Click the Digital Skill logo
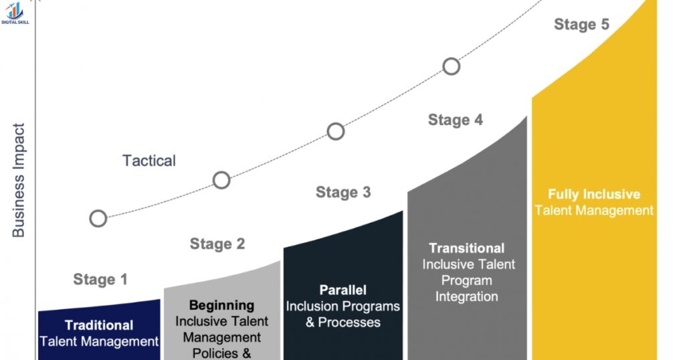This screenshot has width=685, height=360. pyautogui.click(x=13, y=13)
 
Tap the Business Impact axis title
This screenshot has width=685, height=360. pyautogui.click(x=18, y=180)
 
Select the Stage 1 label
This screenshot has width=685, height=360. pyautogui.click(x=100, y=280)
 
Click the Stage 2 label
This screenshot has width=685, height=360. pyautogui.click(x=217, y=244)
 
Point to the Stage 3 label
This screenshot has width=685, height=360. pyautogui.click(x=343, y=193)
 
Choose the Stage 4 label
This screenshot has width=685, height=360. pyautogui.click(x=456, y=120)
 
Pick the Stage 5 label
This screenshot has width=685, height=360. pyautogui.click(x=582, y=25)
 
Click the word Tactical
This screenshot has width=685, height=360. pyautogui.click(x=149, y=161)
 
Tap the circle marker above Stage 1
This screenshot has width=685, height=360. pyautogui.click(x=98, y=218)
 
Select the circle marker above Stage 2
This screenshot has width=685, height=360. pyautogui.click(x=221, y=180)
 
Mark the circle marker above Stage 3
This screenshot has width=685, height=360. pyautogui.click(x=336, y=131)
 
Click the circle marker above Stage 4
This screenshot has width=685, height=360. pyautogui.click(x=452, y=66)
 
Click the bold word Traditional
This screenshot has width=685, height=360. pyautogui.click(x=99, y=326)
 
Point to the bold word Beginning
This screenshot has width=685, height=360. pyautogui.click(x=221, y=306)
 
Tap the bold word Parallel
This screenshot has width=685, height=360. pyautogui.click(x=343, y=290)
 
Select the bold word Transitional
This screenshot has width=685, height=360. pyautogui.click(x=467, y=248)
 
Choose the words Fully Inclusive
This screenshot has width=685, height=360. pyautogui.click(x=594, y=195)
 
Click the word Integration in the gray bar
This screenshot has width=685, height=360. pyautogui.click(x=467, y=296)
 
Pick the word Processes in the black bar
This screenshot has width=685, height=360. pyautogui.click(x=349, y=323)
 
